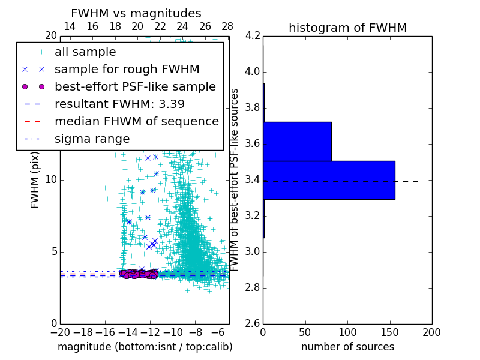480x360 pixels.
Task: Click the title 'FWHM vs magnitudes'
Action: (136, 13)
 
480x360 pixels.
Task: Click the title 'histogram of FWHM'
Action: (347, 28)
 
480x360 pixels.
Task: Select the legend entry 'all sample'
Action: (85, 52)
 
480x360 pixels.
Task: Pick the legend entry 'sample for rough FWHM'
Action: (127, 69)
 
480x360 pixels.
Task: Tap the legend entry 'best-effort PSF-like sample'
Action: (135, 86)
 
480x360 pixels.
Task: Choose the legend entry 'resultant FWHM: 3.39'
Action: (119, 104)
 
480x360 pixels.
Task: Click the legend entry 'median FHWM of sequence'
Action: (136, 121)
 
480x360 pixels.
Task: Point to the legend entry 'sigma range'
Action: (92, 139)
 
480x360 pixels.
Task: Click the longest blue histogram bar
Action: (329, 180)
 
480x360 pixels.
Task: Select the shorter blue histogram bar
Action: (297, 142)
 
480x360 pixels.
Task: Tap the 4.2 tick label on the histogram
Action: (253, 36)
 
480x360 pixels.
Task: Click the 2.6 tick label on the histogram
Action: (253, 323)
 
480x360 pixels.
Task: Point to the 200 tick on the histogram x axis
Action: (431, 332)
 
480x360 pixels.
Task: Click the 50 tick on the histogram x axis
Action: (305, 332)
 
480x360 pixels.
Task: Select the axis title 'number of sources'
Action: (347, 347)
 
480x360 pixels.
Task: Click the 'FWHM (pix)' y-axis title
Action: (35, 179)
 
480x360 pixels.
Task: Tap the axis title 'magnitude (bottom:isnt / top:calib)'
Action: (145, 347)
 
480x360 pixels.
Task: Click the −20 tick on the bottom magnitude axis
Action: (60, 332)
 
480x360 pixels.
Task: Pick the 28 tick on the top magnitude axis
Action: (227, 26)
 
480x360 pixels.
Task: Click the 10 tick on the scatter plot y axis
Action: (51, 180)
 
